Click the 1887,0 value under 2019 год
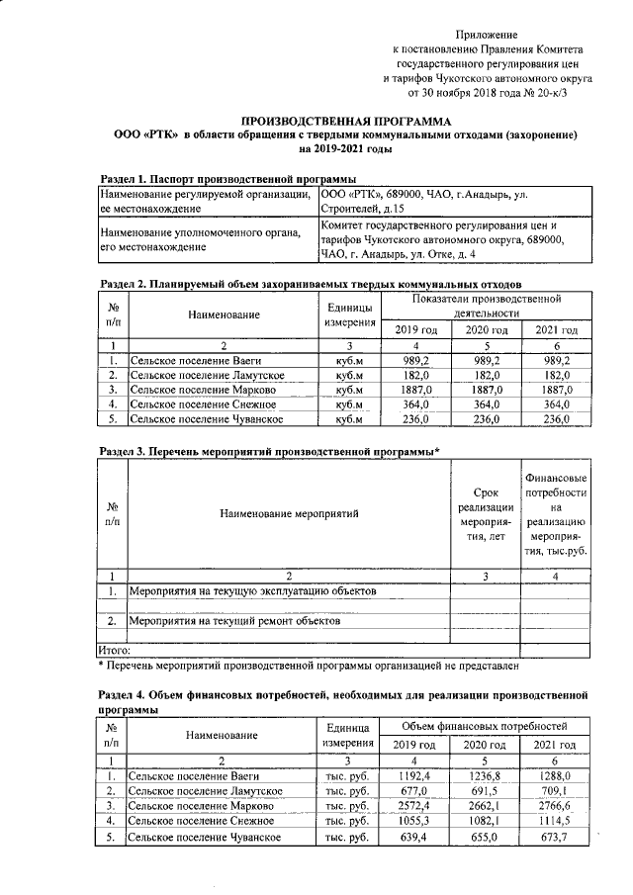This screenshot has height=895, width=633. coord(413,390)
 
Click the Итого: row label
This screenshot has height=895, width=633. coord(115,650)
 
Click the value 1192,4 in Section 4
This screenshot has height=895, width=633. coord(413,775)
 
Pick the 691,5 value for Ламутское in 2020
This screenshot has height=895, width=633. coord(485,791)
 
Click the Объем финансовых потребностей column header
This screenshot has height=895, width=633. coord(485,726)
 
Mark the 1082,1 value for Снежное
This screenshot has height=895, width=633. coord(485,823)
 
